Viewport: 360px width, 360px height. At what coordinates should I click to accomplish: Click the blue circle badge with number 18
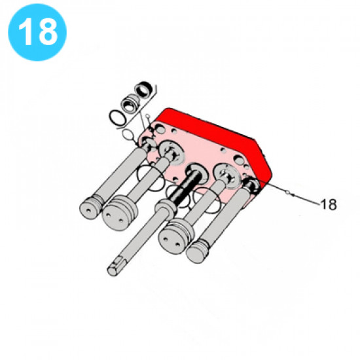(x=37, y=32)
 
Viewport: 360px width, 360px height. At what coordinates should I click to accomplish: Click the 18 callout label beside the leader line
(x=329, y=204)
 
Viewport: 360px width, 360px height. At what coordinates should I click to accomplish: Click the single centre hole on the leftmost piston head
(x=88, y=210)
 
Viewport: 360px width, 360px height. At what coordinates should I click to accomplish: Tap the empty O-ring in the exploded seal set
(x=118, y=118)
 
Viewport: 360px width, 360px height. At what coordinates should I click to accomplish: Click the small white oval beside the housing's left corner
(x=128, y=135)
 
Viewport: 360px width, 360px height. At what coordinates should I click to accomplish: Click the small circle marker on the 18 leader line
(x=287, y=191)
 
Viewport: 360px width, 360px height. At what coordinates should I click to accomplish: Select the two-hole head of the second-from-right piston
(x=173, y=241)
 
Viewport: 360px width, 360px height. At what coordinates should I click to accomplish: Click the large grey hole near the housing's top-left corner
(x=160, y=130)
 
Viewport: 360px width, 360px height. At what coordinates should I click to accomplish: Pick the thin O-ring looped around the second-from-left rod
(x=151, y=178)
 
